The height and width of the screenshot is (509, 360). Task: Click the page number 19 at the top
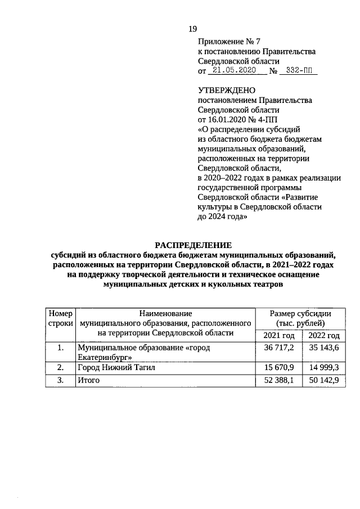click(x=192, y=29)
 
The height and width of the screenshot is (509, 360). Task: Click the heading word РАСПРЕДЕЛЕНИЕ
click(x=193, y=245)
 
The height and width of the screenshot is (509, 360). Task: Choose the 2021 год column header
click(x=279, y=336)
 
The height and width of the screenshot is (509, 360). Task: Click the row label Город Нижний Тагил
click(x=115, y=368)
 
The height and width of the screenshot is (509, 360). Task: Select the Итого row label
click(x=88, y=381)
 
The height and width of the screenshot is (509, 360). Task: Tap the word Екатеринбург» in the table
click(x=105, y=357)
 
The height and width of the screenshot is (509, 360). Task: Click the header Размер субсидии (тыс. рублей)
click(x=300, y=318)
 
